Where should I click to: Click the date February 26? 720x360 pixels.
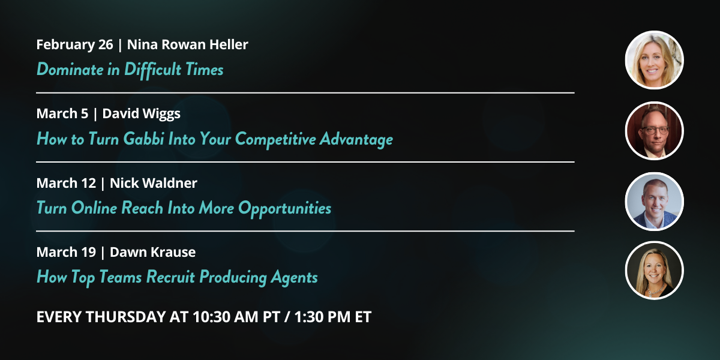coord(74,45)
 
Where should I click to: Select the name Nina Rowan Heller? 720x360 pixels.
coord(187,44)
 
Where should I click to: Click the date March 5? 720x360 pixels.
coord(62,113)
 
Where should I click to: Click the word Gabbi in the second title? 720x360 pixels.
coord(143,139)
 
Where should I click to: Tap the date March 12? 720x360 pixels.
coord(66,183)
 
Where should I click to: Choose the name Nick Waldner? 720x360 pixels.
coord(154,183)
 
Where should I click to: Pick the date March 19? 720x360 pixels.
coord(66,253)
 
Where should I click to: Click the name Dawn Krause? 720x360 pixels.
coord(152,253)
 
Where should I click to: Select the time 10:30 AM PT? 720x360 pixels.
coord(236,317)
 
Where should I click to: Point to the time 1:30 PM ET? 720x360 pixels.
coord(332,317)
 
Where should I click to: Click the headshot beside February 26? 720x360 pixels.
coord(654,60)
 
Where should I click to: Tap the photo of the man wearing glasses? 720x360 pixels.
coord(654,131)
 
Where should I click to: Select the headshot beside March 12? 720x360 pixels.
coord(654,201)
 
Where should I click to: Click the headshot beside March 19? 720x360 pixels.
coord(654,271)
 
